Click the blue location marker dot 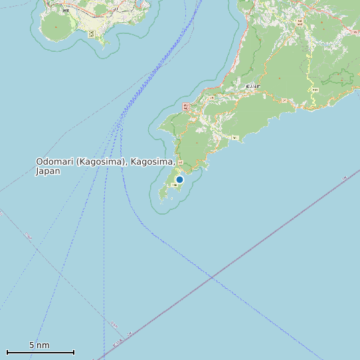[179, 179]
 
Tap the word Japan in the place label [48, 171]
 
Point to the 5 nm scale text [39, 345]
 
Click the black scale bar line [40, 352]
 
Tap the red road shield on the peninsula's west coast [186, 106]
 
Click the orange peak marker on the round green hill [56, 27]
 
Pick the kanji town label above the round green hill [65, 10]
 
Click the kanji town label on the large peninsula [252, 86]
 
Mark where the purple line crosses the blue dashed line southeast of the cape [211, 276]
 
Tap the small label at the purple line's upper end [345, 179]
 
